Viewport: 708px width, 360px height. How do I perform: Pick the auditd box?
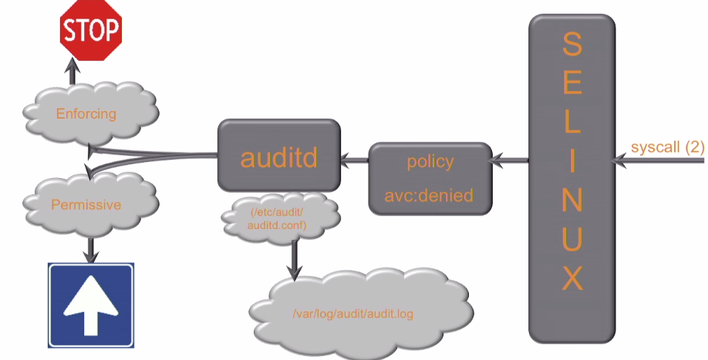278,156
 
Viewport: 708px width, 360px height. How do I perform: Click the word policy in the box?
430,162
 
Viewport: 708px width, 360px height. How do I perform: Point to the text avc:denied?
430,195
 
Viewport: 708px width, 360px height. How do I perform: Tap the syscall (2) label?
666,147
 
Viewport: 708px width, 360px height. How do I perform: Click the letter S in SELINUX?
571,44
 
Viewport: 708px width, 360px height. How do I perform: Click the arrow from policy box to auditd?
355,161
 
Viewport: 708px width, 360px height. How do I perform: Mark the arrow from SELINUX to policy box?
511,161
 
